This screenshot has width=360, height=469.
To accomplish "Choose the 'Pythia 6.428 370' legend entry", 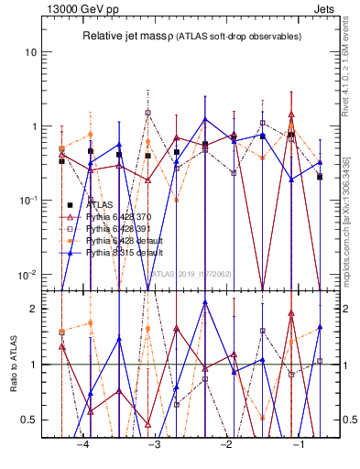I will click(118, 217).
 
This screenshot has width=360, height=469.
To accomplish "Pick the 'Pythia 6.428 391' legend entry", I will click(118, 229).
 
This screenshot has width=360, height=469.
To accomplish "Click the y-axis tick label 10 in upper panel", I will click(31, 52).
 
